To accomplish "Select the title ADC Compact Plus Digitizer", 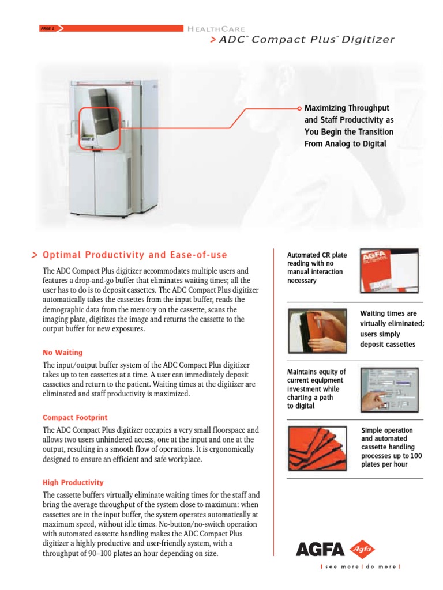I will coord(306,40).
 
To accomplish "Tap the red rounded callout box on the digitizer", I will coord(99,128).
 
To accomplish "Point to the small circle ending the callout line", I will coord(299,108).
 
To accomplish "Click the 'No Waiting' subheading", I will coord(62,353).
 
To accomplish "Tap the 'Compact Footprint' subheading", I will coord(75,417).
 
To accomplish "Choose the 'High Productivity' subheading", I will coord(73,482).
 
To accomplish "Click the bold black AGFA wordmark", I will coord(320,550).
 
